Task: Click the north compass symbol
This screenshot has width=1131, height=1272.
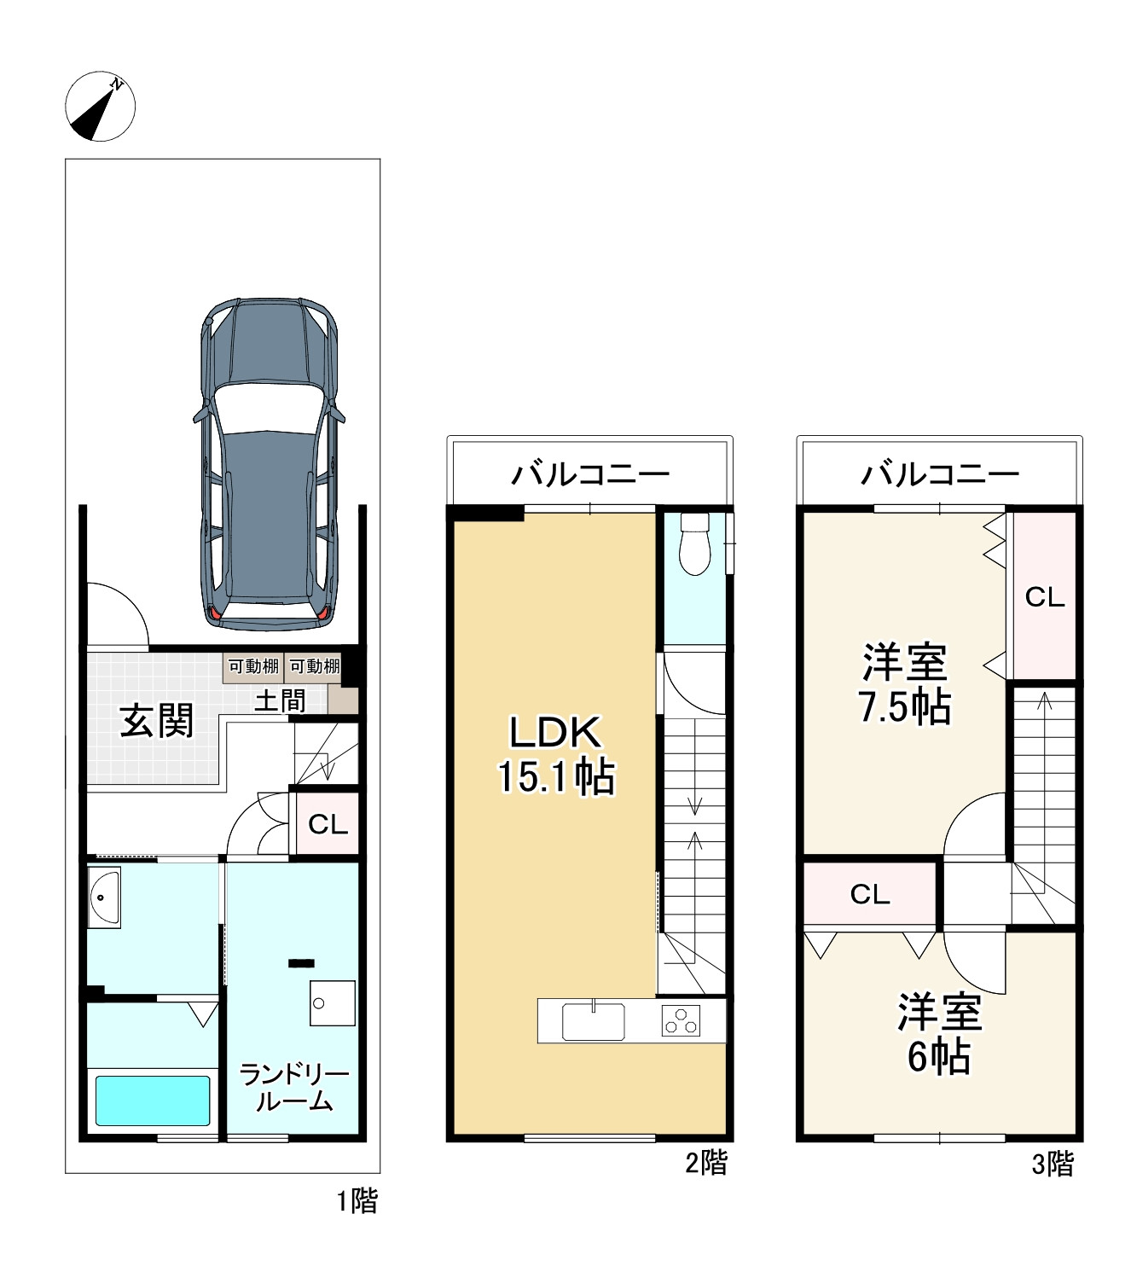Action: [x=101, y=106]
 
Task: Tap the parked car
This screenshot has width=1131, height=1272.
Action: [x=269, y=464]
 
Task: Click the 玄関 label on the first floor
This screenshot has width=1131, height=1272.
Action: [x=157, y=721]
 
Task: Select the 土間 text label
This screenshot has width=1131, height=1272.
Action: [x=280, y=700]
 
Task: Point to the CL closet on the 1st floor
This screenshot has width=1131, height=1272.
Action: [x=328, y=824]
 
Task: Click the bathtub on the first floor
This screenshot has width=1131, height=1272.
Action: [x=153, y=1101]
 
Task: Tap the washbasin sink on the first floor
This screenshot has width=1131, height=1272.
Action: [x=103, y=897]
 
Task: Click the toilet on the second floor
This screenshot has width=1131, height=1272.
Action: [x=694, y=543]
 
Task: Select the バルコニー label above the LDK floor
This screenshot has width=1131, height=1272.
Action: [x=590, y=474]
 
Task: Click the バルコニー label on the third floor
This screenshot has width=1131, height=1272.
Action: [x=940, y=474]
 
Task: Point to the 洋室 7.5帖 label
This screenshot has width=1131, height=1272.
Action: [x=904, y=684]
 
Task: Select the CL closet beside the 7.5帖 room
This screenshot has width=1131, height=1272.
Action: [x=1045, y=595]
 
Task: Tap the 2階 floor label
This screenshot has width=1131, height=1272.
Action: [x=706, y=1163]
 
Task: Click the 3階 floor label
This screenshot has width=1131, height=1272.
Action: [x=1053, y=1164]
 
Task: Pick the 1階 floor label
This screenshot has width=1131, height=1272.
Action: [x=357, y=1202]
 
